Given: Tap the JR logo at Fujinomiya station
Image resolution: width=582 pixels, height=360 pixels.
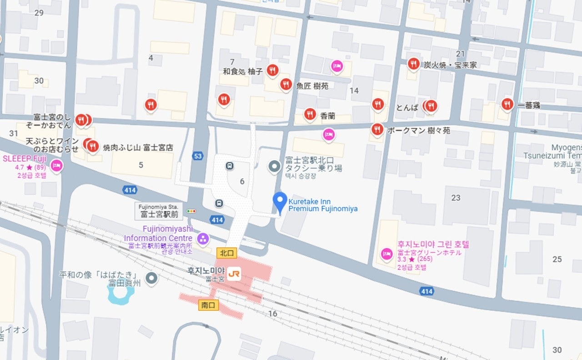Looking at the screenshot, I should [x=234, y=274].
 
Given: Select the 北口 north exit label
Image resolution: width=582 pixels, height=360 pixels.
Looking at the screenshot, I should [x=227, y=253].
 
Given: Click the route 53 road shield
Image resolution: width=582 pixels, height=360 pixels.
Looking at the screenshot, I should [x=197, y=156].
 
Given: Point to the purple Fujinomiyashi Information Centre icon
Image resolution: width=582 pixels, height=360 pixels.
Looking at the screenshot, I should [x=203, y=238].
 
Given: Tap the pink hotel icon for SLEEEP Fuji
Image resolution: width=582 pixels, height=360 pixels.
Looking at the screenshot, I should [x=56, y=165].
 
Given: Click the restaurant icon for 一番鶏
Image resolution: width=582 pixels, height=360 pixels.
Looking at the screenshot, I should [x=507, y=104].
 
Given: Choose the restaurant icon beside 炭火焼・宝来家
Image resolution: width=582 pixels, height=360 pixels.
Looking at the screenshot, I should [x=413, y=64].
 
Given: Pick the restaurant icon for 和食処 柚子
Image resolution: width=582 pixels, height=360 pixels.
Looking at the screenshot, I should [x=272, y=70].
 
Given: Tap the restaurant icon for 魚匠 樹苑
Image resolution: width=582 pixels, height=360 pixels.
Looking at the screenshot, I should [x=286, y=84].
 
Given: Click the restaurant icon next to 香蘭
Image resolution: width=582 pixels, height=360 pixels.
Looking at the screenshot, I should [x=310, y=114].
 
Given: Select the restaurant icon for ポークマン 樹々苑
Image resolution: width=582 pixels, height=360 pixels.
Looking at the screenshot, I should [x=376, y=129].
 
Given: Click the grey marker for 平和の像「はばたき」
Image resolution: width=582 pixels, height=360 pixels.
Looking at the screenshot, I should [x=151, y=278].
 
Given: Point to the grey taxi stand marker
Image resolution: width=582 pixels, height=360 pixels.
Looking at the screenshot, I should [x=274, y=167].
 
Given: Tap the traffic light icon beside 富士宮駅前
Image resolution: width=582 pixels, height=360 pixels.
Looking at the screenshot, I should [x=192, y=211].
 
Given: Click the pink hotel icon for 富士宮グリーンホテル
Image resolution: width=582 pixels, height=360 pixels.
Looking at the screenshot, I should [x=386, y=253].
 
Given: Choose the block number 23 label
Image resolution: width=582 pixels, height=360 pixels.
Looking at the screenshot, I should [x=456, y=198].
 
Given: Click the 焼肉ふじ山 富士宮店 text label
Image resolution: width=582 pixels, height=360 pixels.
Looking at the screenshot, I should [x=138, y=148].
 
